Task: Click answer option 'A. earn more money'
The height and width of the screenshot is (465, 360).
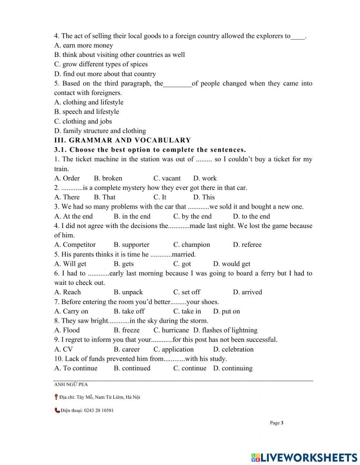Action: click(x=84, y=45)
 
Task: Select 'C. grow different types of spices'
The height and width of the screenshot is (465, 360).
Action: click(x=101, y=64)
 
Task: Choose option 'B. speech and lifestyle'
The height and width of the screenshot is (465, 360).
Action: click(x=86, y=112)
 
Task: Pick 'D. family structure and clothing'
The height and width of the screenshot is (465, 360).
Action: click(x=100, y=131)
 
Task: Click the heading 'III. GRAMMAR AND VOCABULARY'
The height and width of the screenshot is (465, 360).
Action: click(x=122, y=140)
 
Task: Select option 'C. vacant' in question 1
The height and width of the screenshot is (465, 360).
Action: click(x=167, y=178)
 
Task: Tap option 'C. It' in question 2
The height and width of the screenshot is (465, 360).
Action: click(x=160, y=197)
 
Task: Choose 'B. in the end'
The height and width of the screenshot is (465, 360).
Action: click(x=132, y=216)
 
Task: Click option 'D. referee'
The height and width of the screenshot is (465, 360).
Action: click(x=247, y=245)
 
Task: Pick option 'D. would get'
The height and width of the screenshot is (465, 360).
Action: click(x=231, y=264)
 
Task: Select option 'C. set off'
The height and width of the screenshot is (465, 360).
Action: click(x=186, y=292)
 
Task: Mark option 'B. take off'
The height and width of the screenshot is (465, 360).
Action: click(x=129, y=311)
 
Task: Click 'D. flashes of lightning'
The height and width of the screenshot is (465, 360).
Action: click(x=225, y=330)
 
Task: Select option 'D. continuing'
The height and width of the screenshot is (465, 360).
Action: click(x=233, y=368)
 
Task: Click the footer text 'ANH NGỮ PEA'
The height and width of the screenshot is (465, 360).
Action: click(x=71, y=385)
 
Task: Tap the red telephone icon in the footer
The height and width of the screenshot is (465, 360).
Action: click(x=57, y=410)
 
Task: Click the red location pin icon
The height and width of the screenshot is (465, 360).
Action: click(x=56, y=397)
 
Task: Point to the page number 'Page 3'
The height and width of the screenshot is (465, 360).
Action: click(x=276, y=423)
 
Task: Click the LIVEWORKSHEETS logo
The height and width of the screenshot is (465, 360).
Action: click(x=304, y=457)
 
